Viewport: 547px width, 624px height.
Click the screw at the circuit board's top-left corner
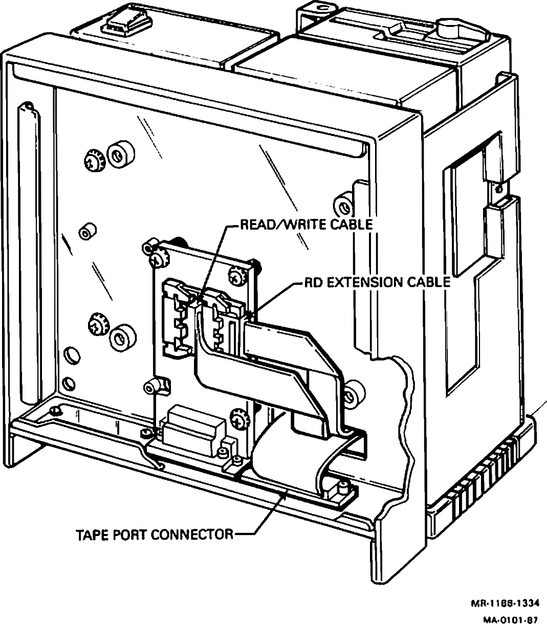(156, 259)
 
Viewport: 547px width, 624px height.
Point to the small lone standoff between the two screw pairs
(85, 233)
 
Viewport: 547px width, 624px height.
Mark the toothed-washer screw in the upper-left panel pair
(94, 159)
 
